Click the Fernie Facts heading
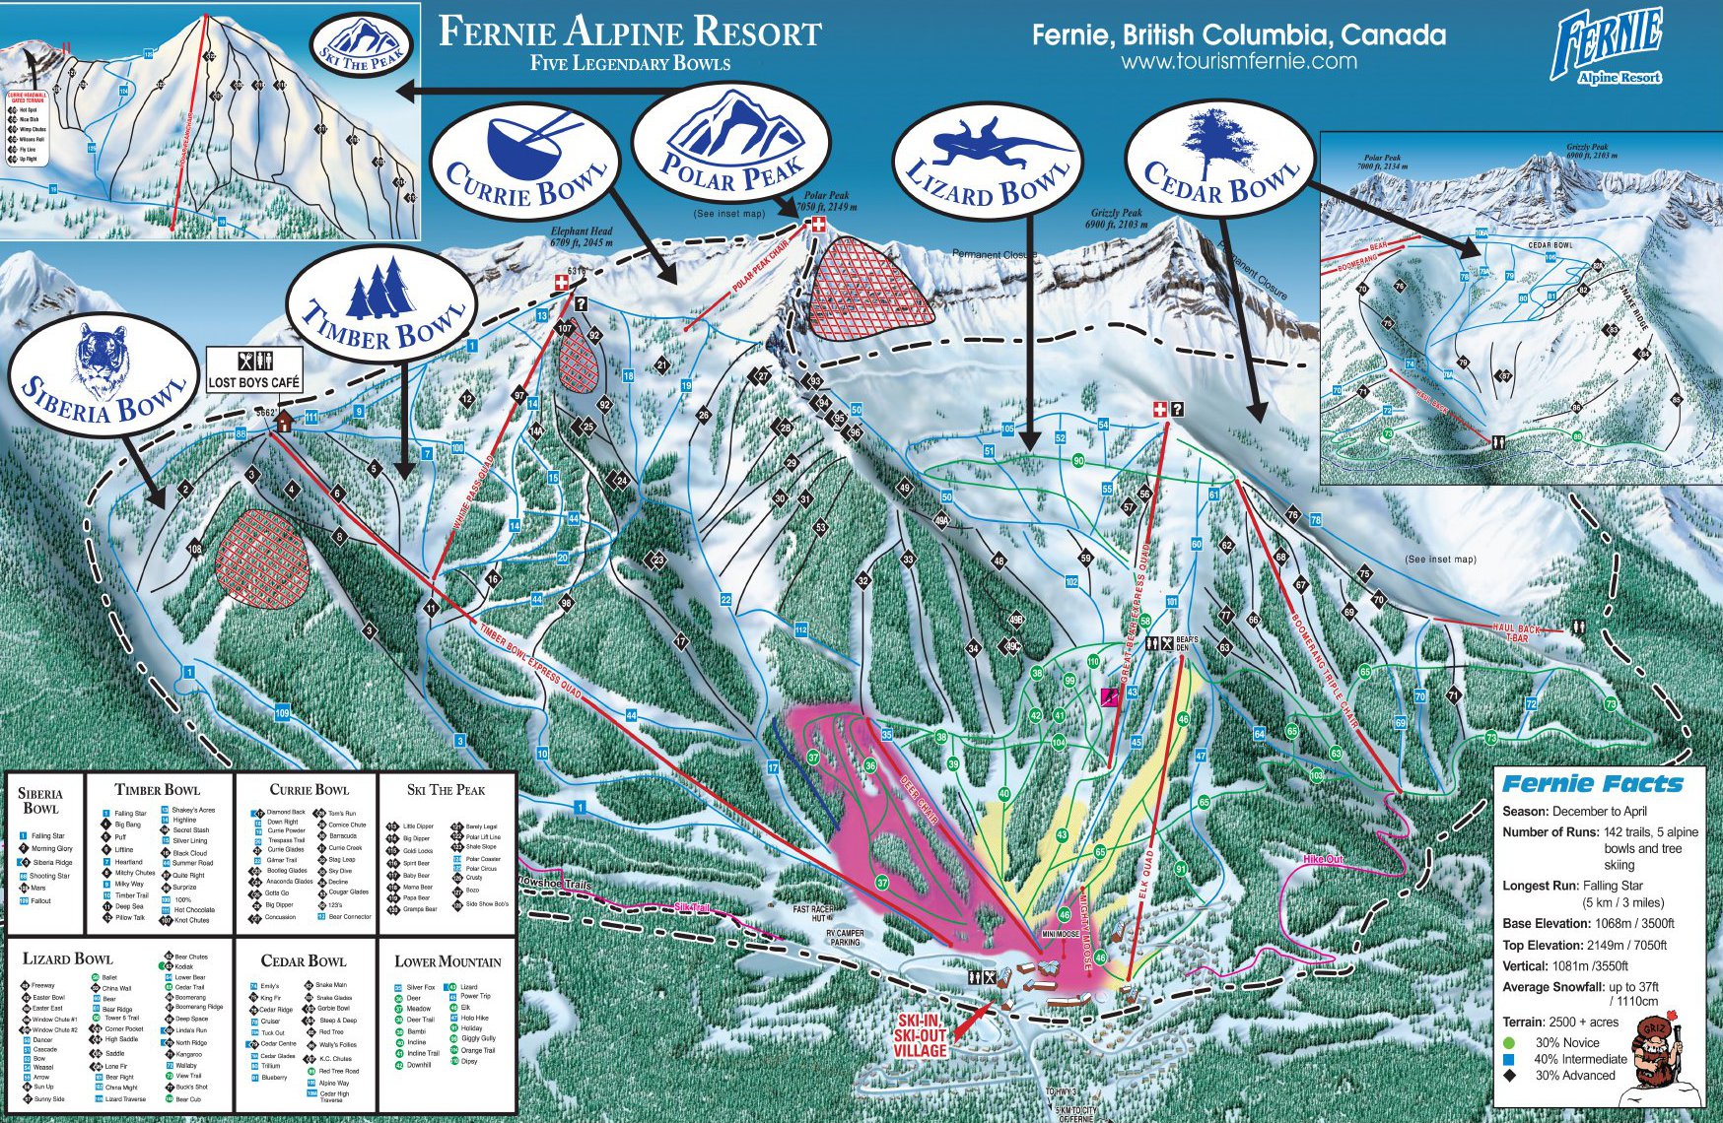tap(1592, 784)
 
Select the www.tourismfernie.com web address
tap(1238, 61)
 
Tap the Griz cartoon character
tap(1659, 1061)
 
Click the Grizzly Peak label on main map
tap(1116, 219)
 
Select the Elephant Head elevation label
tap(582, 236)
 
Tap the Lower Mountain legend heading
tap(448, 961)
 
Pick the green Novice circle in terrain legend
tap(1509, 1042)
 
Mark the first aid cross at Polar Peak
tap(816, 226)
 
